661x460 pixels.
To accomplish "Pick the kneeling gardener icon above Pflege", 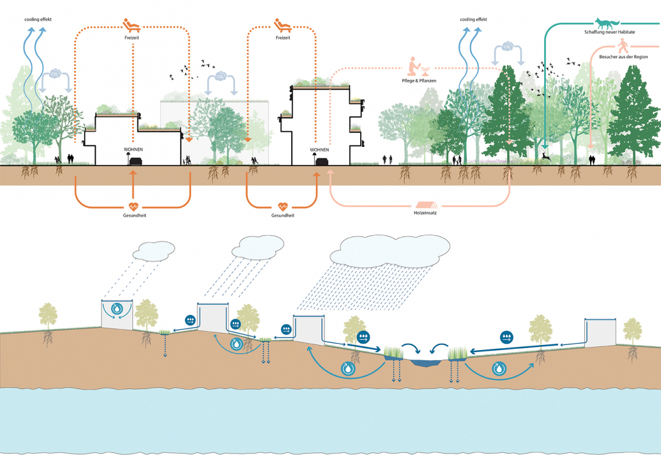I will click(x=416, y=66).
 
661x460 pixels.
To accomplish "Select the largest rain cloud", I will click(x=395, y=250).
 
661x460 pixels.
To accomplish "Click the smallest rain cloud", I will click(x=153, y=250).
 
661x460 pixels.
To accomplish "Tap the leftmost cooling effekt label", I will click(x=38, y=20).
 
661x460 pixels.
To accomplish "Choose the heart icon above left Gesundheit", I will click(x=133, y=206).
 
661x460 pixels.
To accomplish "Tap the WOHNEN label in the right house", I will click(x=319, y=150).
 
